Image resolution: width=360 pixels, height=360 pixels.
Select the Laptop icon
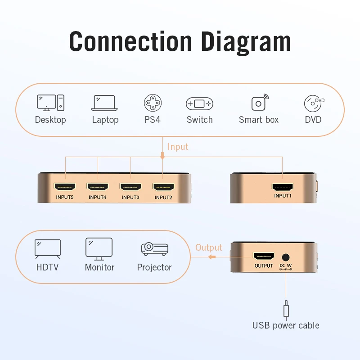coord(105,103)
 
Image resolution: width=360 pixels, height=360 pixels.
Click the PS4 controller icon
coord(153,103)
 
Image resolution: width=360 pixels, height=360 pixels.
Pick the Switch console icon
coord(199,103)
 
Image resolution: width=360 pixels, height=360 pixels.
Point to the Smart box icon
coord(259,103)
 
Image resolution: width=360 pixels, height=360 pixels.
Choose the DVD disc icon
coord(314,103)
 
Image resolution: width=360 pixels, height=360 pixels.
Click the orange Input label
coord(178,147)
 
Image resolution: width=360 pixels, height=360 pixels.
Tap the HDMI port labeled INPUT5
coord(65,186)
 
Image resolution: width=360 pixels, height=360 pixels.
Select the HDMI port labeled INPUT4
coord(98,186)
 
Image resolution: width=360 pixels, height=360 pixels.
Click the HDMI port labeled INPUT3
coord(130,186)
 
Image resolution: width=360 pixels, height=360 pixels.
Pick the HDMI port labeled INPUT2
coord(163,186)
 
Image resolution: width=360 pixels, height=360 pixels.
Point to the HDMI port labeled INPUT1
coord(283,186)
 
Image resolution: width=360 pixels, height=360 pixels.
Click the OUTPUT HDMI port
coord(264,256)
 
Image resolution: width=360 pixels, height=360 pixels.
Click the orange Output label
coord(209,248)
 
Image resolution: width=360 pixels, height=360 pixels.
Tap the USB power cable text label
coord(286,325)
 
